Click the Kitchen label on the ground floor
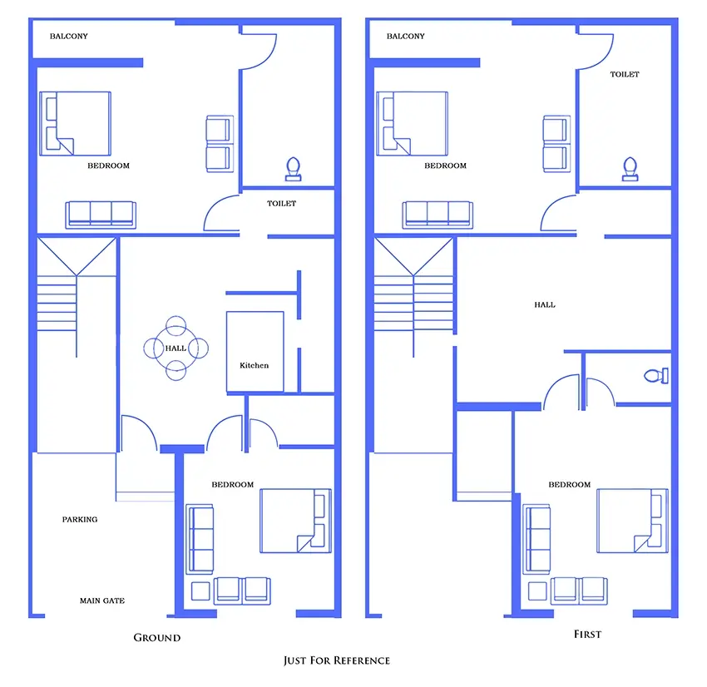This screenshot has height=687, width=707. pos(254,365)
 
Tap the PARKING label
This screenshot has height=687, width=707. pos(80,519)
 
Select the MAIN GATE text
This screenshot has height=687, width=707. pos(102,601)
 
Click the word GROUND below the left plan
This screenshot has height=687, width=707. pos(157,637)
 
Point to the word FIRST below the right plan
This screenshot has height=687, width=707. pos(587,635)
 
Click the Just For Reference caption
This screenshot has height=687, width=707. pos(337,660)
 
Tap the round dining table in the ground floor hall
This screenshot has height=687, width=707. pos(176,348)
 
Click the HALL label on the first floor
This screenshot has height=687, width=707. pos(545,304)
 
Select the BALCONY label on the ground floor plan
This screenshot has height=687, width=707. pos(68,36)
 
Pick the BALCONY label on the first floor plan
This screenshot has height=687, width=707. pos(405,36)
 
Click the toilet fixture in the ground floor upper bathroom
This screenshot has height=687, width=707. pos(293,169)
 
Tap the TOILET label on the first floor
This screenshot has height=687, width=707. pos(625,74)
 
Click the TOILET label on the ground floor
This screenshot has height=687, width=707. pos(281,203)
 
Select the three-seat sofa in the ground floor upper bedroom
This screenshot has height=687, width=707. pos(101,215)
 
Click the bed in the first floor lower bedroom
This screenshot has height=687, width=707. pos(633,521)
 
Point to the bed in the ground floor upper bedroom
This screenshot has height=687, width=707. pos(76,124)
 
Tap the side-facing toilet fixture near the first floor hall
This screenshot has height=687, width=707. pos(656,375)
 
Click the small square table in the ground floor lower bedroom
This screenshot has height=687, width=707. pos(200,591)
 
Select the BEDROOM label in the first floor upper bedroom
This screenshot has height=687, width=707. pos(446,166)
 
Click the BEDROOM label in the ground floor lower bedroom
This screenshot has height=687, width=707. pos(233,485)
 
